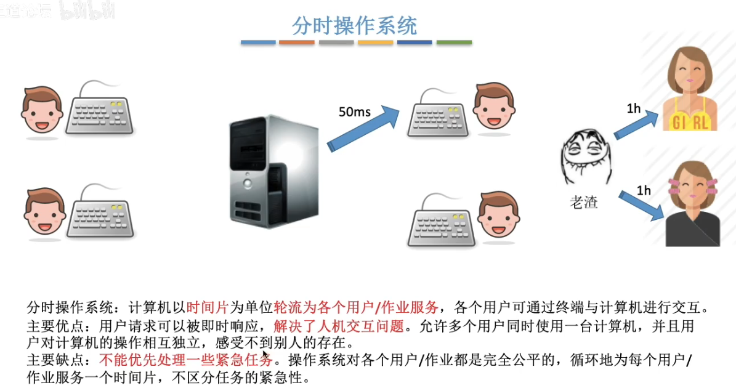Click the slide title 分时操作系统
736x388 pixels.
(x=354, y=25)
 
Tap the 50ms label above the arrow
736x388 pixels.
(x=355, y=112)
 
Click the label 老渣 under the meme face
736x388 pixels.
(x=583, y=202)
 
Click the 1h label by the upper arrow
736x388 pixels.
(x=634, y=109)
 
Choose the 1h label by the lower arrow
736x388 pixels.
(x=643, y=190)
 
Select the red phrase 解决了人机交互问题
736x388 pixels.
(x=339, y=325)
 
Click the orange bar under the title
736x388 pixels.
(x=297, y=42)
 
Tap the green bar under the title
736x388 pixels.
(x=454, y=42)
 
